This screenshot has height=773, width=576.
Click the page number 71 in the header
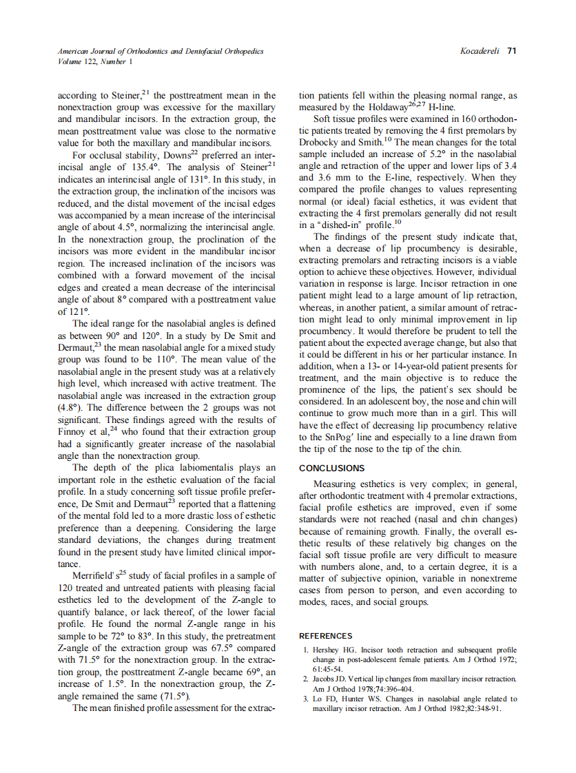512,51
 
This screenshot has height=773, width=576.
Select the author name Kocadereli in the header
481,51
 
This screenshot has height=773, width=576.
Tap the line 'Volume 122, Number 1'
86,61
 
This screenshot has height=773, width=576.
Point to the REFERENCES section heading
325,636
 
